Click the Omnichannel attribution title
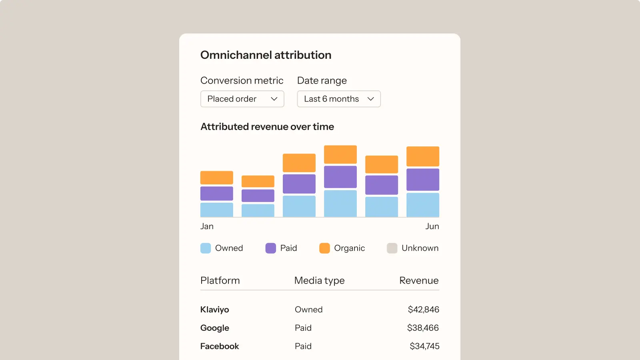click(266, 55)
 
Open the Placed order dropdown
click(242, 99)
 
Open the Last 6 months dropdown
click(338, 99)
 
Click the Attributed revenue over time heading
click(267, 127)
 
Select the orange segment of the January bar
click(216, 178)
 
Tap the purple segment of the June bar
click(422, 180)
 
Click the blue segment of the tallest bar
click(340, 203)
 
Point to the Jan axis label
click(207, 226)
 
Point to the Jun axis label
click(432, 226)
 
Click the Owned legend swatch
click(206, 248)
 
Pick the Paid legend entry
click(282, 248)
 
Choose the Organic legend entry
click(342, 248)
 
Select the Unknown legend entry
click(413, 248)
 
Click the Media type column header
click(319, 280)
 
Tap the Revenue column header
click(419, 280)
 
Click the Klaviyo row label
click(214, 310)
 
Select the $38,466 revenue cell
click(423, 328)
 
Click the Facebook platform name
click(219, 346)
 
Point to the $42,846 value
click(423, 310)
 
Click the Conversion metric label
click(242, 80)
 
